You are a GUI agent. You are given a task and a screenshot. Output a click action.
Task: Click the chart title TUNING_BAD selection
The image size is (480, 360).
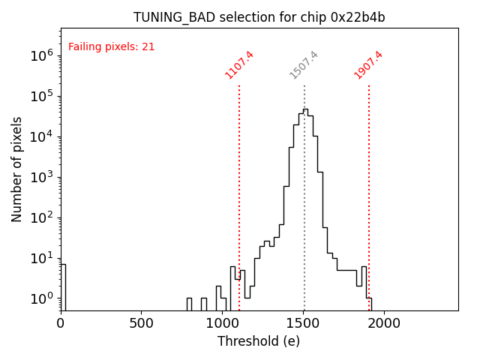pyautogui.click(x=259, y=17)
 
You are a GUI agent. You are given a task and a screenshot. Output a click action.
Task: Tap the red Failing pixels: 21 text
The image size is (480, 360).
pyautogui.click(x=112, y=47)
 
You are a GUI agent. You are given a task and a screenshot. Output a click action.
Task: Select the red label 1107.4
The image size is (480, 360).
pyautogui.click(x=240, y=64)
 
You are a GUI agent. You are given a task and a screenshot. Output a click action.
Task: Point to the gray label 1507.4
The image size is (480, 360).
pyautogui.click(x=304, y=64)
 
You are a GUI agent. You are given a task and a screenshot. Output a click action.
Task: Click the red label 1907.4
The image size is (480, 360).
pyautogui.click(x=369, y=64)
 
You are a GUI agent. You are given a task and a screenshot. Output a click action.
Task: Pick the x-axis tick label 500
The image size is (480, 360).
pyautogui.click(x=142, y=323)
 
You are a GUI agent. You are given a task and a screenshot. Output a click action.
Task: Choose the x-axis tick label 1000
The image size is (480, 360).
pyautogui.click(x=223, y=323)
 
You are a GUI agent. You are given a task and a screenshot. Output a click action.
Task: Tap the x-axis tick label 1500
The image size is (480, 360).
pyautogui.click(x=304, y=323)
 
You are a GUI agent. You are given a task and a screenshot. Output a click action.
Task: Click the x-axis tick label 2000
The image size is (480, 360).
pyautogui.click(x=384, y=323)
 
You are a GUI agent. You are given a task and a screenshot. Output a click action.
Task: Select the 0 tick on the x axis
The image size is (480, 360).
pyautogui.click(x=61, y=323)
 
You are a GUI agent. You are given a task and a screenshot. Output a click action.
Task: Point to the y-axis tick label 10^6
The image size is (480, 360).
pyautogui.click(x=40, y=55)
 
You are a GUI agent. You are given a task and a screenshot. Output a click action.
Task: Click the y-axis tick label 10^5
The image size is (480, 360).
pyautogui.click(x=40, y=96)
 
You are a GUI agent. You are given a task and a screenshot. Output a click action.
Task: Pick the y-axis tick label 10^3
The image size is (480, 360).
pyautogui.click(x=40, y=177)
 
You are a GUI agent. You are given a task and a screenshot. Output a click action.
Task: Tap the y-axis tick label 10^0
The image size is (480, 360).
pyautogui.click(x=40, y=298)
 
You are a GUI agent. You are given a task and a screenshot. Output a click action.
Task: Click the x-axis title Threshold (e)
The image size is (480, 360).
pyautogui.click(x=259, y=341)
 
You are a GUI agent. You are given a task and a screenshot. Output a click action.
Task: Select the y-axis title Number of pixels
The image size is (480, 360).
pyautogui.click(x=17, y=169)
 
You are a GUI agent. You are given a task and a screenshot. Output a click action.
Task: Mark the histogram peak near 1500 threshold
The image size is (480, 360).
pyautogui.click(x=305, y=110)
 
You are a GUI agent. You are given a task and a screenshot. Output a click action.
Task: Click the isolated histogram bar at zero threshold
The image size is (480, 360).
pyautogui.click(x=63, y=285)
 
